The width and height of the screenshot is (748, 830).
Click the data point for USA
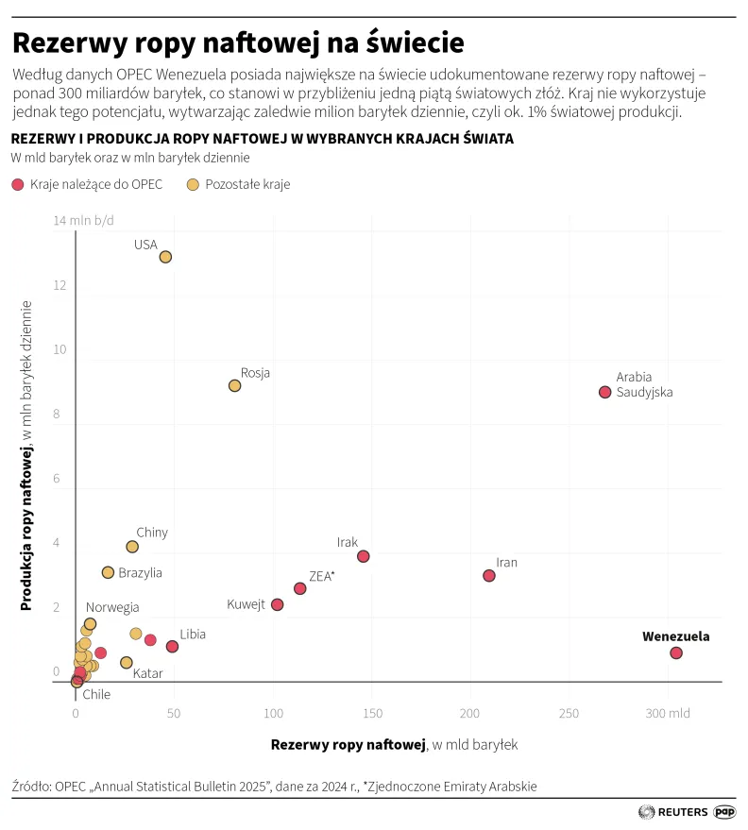[165, 257]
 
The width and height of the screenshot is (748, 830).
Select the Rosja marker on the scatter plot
[234, 385]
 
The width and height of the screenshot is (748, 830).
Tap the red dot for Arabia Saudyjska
[604, 392]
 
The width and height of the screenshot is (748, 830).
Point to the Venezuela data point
[675, 652]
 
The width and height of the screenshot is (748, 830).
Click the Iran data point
[488, 575]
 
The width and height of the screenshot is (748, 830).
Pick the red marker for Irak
[363, 556]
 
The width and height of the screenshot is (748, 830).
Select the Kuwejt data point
[277, 604]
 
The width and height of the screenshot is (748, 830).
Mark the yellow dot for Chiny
[132, 547]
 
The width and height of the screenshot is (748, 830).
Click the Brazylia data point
[108, 572]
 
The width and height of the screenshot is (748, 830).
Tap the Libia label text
[193, 635]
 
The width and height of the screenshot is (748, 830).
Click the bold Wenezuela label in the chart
[675, 636]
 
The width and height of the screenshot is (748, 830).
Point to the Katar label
[147, 674]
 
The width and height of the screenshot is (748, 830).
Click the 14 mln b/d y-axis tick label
[84, 221]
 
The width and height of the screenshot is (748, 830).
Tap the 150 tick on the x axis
[372, 714]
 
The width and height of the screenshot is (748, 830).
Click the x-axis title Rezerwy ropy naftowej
[348, 745]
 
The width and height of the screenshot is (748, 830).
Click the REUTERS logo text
[682, 811]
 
